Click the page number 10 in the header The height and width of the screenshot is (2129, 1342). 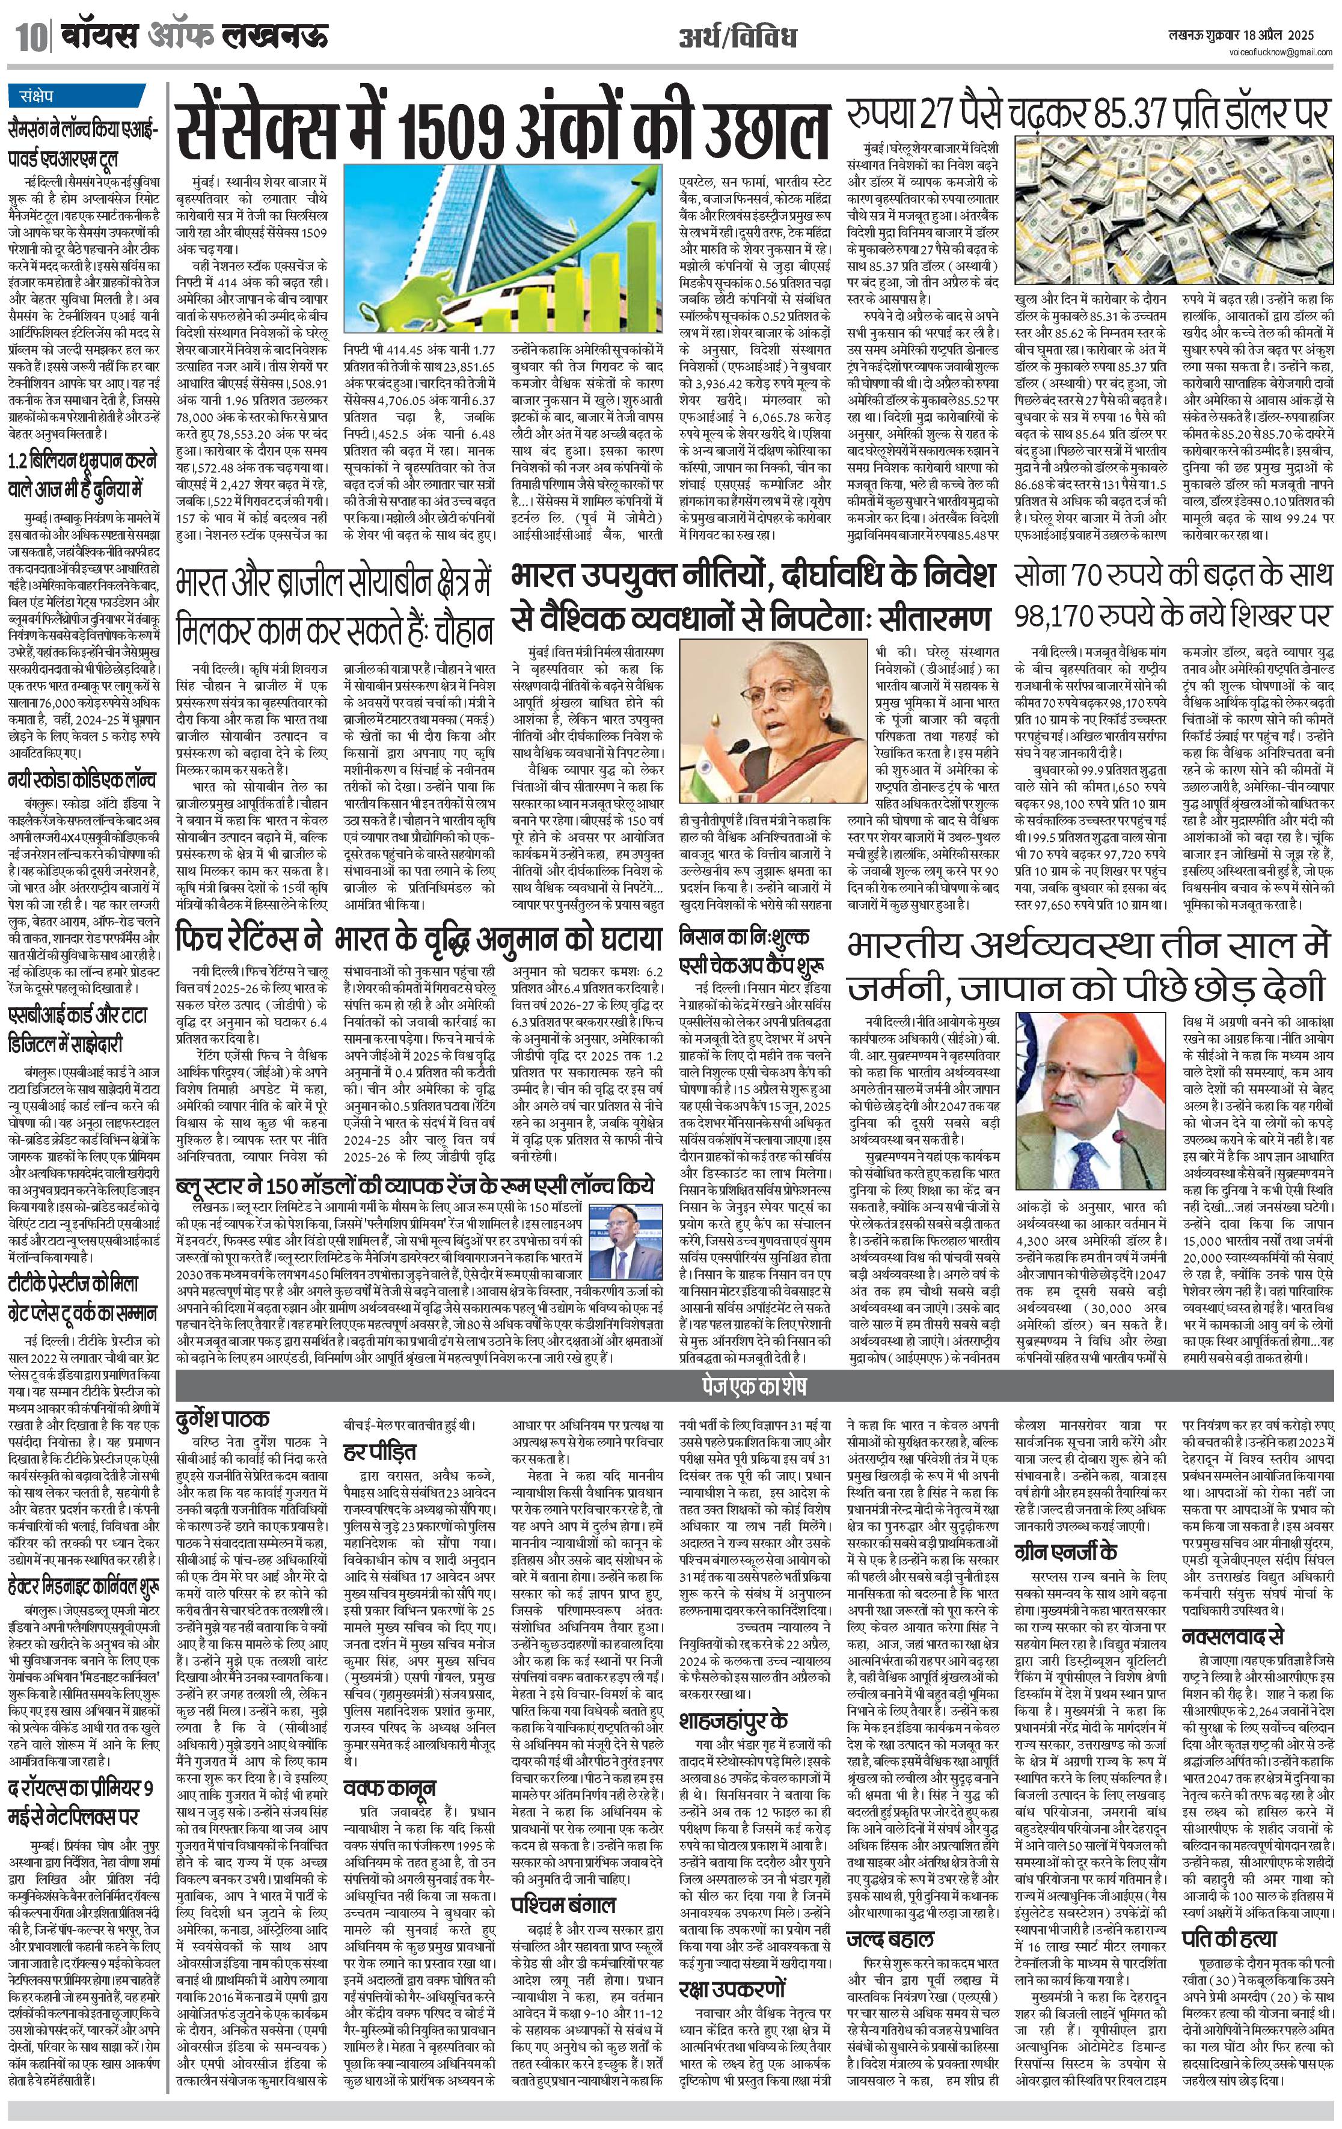[26, 38]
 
